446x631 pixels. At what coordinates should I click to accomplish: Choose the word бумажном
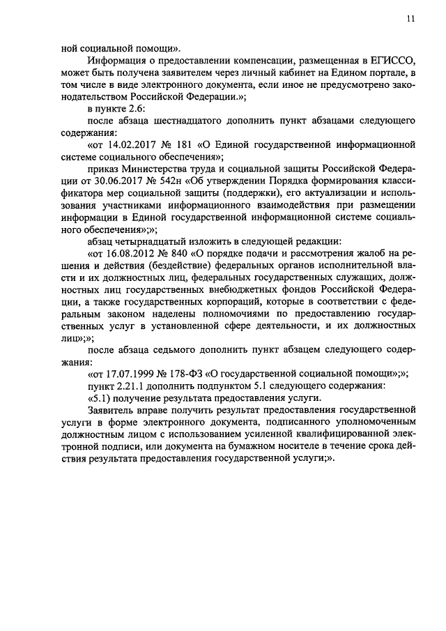285,453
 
